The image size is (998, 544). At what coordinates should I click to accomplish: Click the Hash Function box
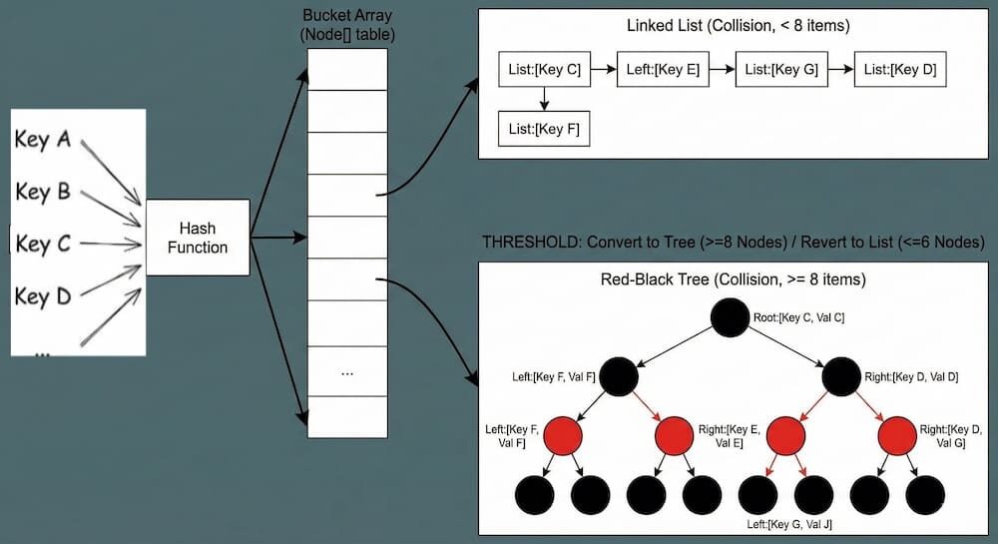(x=198, y=238)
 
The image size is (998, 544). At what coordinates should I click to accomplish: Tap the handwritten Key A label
(x=42, y=140)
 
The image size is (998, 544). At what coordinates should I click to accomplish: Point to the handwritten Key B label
(x=43, y=192)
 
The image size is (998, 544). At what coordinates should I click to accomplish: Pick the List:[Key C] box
(x=544, y=70)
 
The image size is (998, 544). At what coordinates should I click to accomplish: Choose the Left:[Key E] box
(x=663, y=70)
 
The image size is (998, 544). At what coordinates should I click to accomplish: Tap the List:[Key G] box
(x=781, y=70)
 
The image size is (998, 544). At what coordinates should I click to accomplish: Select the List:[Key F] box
(x=544, y=128)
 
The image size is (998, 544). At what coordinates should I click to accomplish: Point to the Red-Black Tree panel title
(x=732, y=278)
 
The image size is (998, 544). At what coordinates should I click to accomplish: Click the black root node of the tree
(x=731, y=318)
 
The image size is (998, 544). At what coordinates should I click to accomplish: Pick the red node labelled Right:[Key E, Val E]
(x=675, y=434)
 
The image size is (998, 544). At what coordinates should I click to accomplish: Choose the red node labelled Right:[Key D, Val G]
(x=898, y=434)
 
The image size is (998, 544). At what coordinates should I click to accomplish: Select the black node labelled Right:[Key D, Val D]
(x=841, y=376)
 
